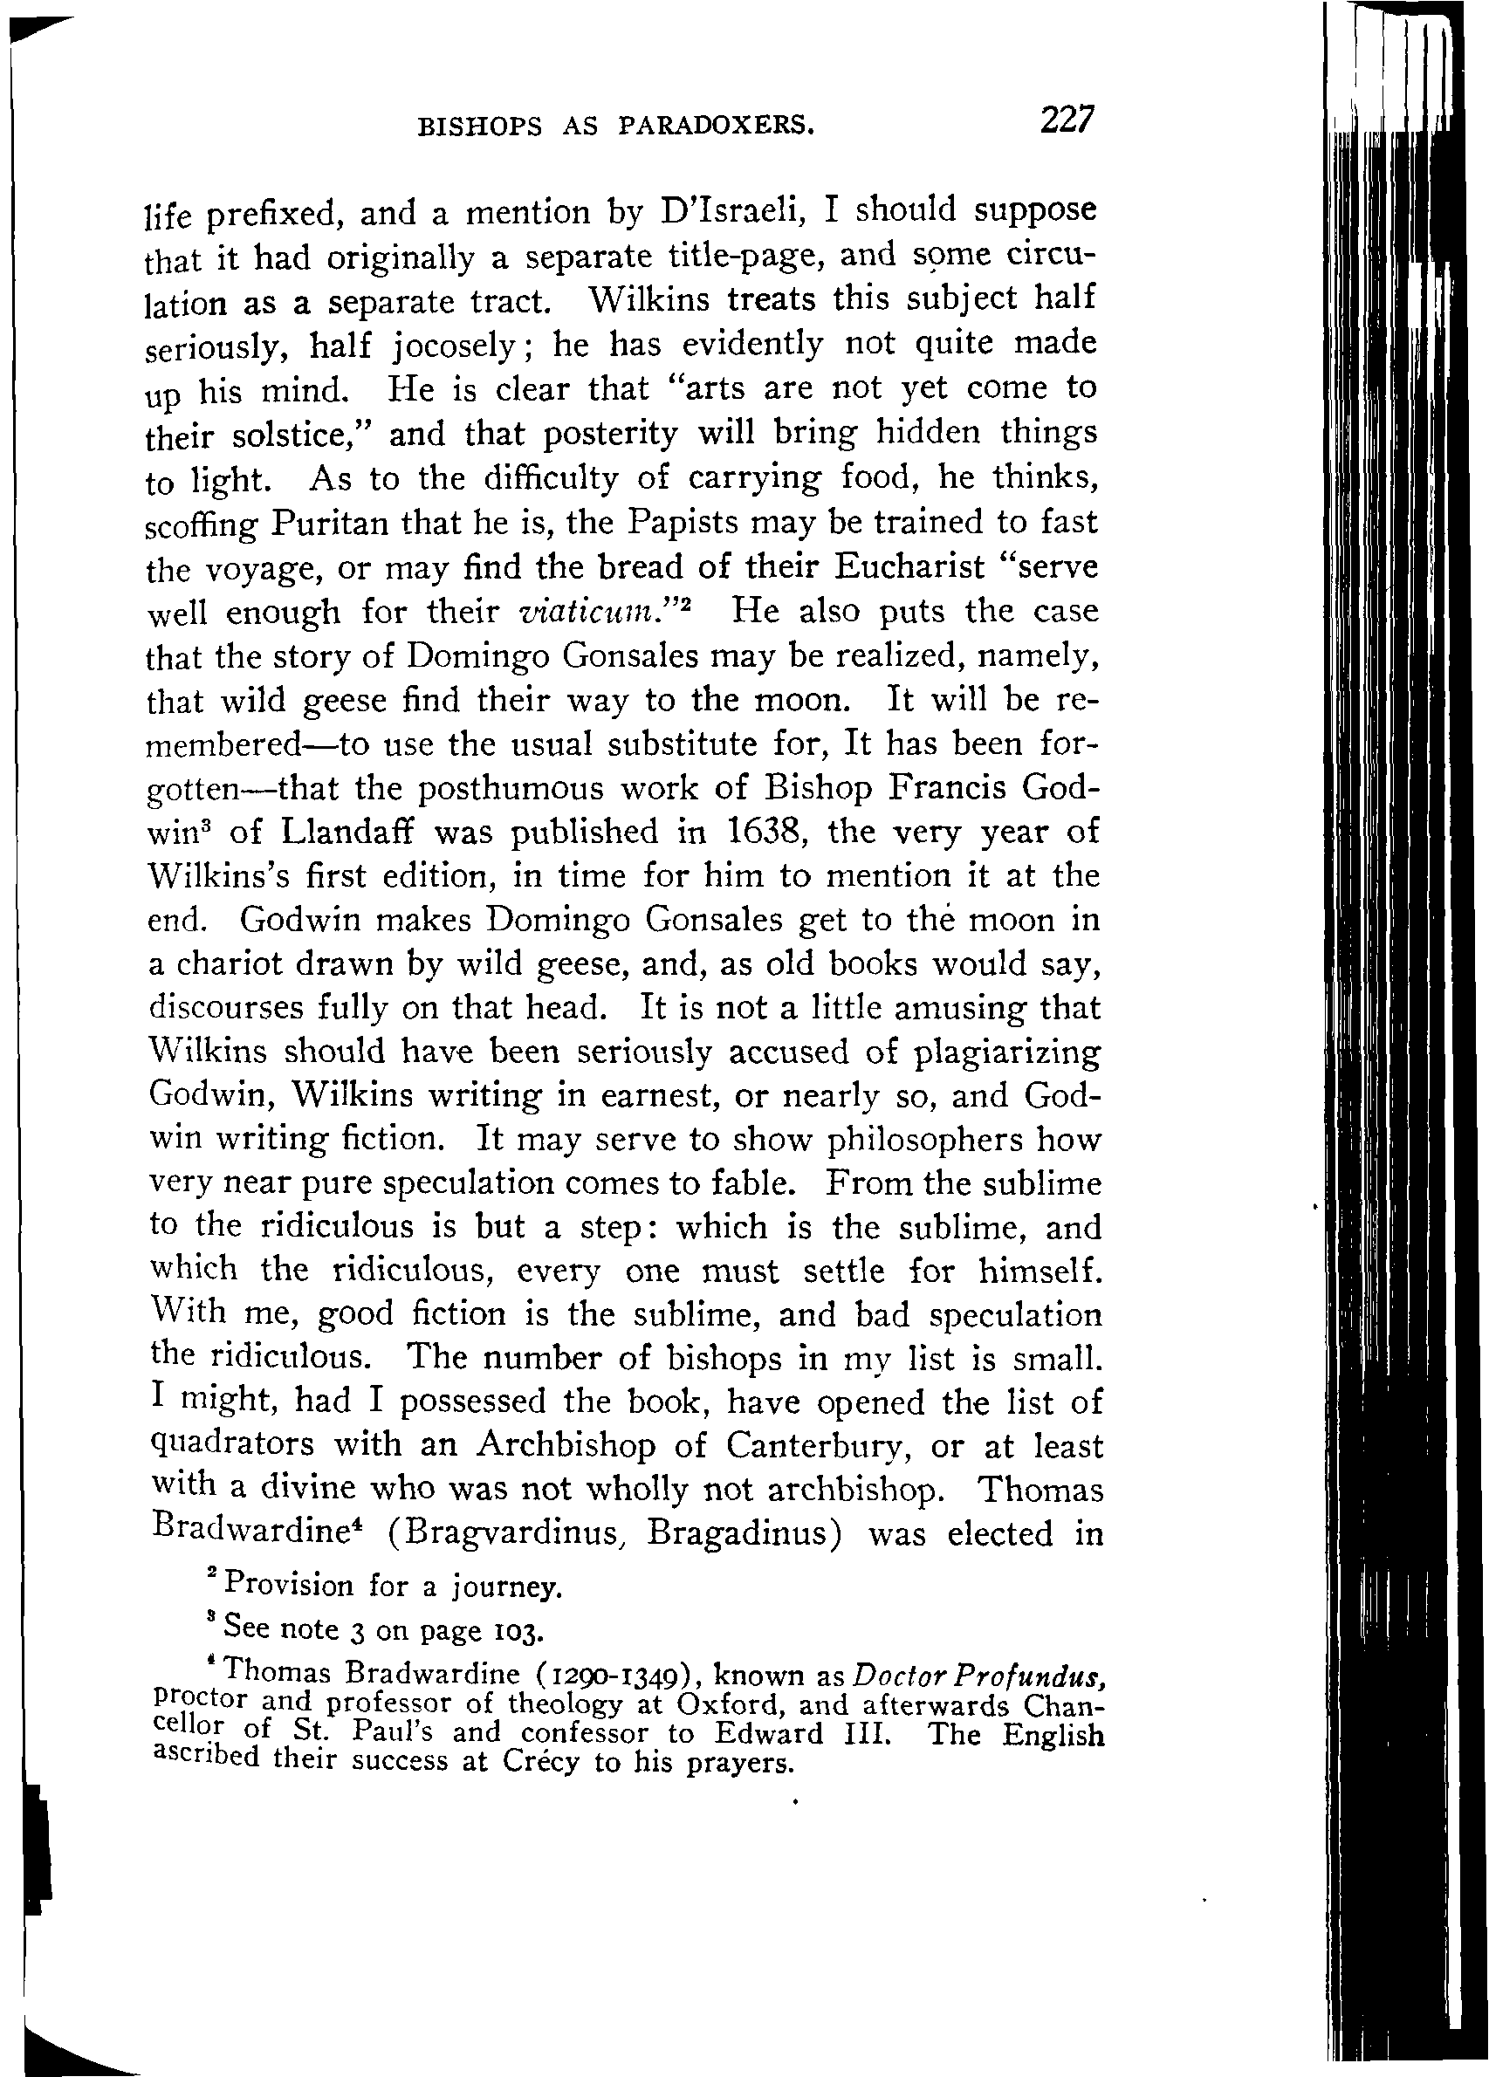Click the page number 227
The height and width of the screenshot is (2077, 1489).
tap(1066, 120)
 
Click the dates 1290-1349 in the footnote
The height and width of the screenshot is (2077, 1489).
tap(618, 1676)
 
